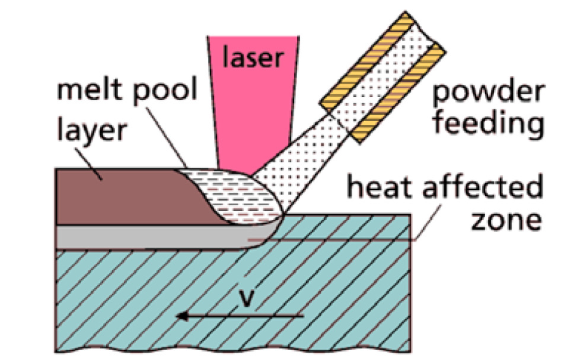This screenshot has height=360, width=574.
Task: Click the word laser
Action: (253, 56)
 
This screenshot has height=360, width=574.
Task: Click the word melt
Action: (90, 88)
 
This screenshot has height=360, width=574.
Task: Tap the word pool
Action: (165, 90)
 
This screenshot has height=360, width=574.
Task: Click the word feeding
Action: (488, 125)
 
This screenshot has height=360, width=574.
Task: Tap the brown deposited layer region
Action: (128, 197)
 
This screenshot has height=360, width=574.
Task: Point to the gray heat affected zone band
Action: (154, 237)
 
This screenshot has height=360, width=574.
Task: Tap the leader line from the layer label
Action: (89, 164)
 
